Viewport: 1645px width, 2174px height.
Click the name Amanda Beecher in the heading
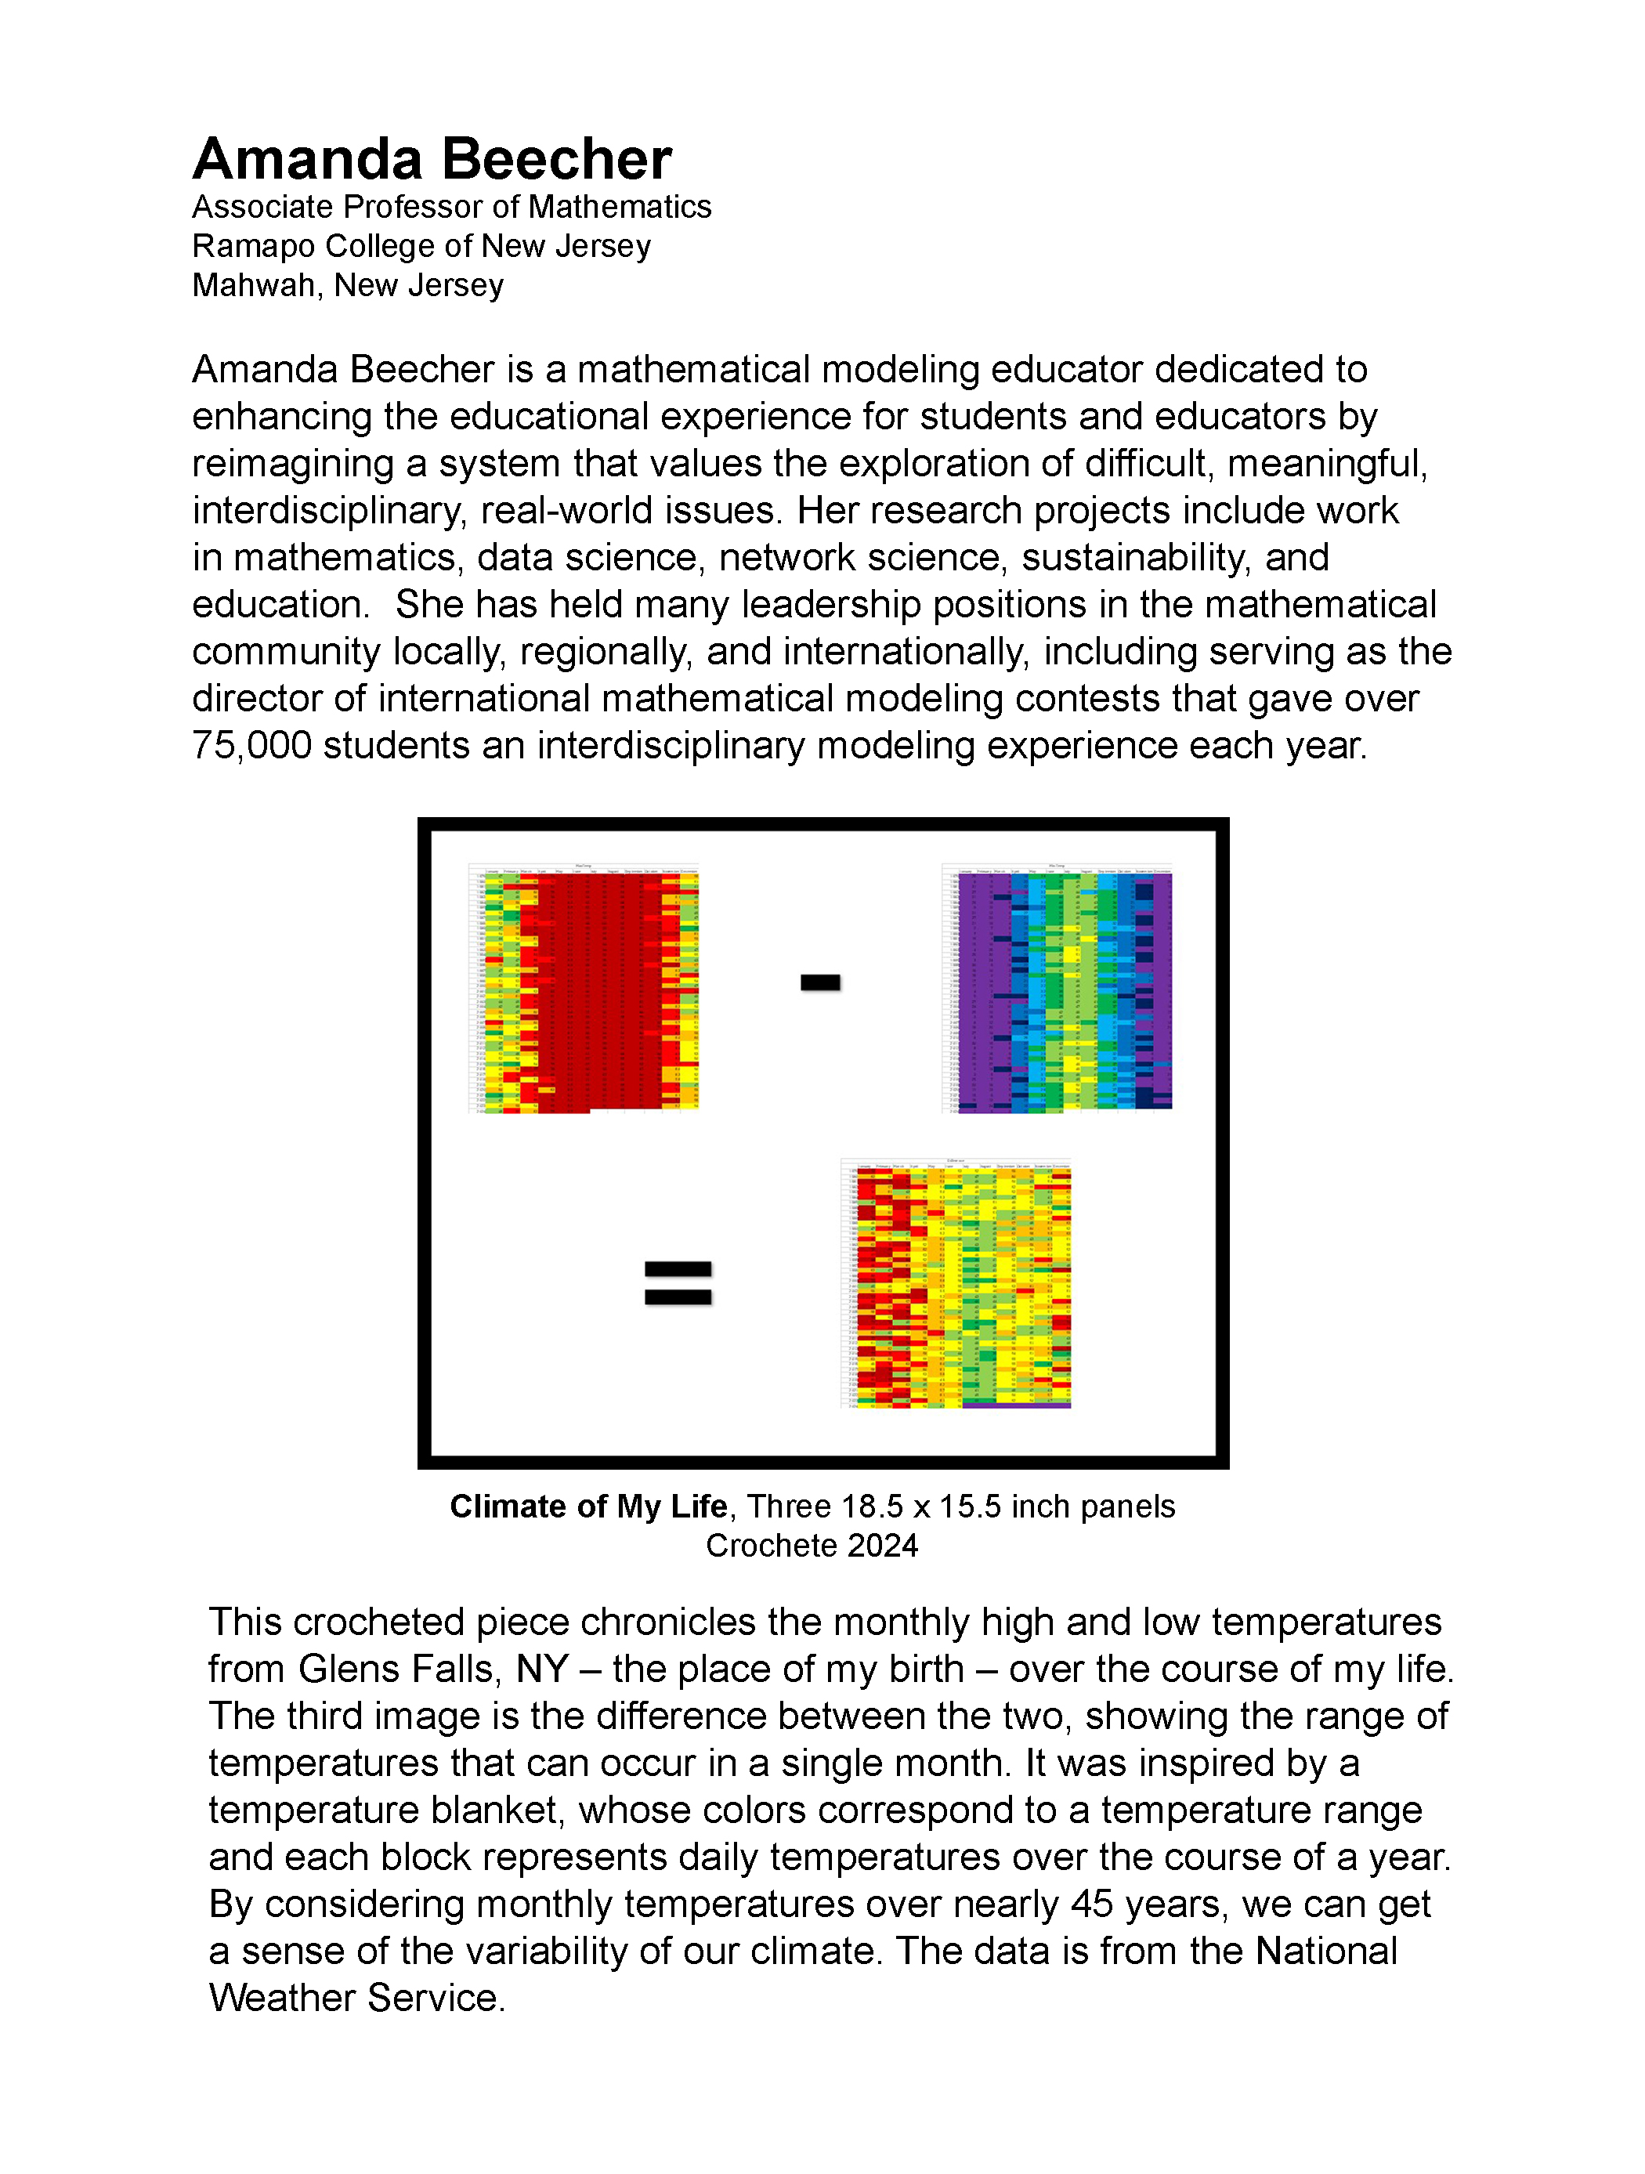click(x=432, y=159)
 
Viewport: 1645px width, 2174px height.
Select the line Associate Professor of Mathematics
click(x=451, y=208)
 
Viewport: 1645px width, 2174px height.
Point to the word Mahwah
click(x=255, y=285)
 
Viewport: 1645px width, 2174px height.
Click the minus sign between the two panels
click(x=819, y=982)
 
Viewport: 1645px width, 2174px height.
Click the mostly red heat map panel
click(x=584, y=988)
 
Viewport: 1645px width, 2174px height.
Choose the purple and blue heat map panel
click(x=1057, y=988)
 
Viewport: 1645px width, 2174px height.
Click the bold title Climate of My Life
click(x=587, y=1507)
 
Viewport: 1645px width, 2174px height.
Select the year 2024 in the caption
click(x=881, y=1546)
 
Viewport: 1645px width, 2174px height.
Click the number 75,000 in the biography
click(x=251, y=746)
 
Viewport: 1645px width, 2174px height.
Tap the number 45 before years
click(x=1092, y=1904)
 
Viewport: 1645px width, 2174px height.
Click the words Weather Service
click(x=356, y=1998)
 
